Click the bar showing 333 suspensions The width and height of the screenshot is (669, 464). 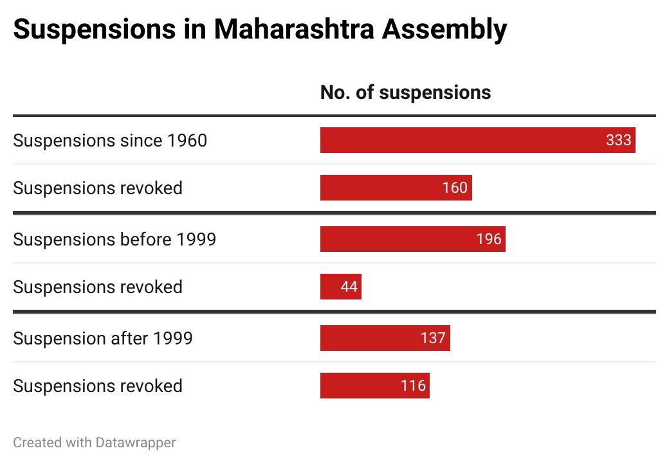477,140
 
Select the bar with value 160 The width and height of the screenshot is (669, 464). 396,188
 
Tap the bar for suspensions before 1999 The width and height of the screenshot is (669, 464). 412,239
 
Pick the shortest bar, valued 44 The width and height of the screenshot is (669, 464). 340,287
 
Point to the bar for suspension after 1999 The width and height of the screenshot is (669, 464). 385,338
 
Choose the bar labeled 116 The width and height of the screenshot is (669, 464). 374,386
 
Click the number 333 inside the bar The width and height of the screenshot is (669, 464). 618,140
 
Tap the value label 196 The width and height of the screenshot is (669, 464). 489,239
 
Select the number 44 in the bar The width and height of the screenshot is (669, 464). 349,287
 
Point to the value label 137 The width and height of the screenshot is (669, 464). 433,338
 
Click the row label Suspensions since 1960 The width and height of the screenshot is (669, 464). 110,140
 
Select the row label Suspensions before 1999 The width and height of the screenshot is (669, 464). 115,239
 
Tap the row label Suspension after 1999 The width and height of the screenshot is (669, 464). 103,338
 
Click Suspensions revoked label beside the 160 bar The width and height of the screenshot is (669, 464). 98,188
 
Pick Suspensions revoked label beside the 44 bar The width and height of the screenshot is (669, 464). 98,287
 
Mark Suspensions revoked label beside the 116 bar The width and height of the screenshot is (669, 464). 98,386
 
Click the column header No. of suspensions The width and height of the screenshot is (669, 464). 405,93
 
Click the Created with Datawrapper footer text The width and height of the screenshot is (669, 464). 95,442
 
